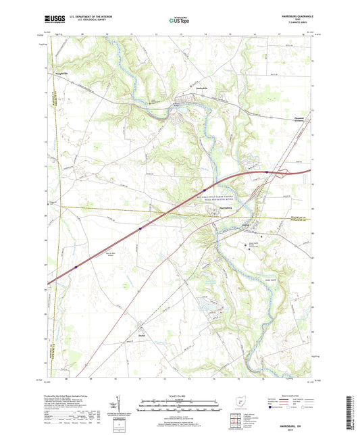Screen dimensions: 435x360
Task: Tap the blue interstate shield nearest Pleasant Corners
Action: click(x=267, y=172)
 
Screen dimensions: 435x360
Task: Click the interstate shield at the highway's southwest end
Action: click(x=76, y=266)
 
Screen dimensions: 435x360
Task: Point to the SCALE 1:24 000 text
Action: click(x=180, y=396)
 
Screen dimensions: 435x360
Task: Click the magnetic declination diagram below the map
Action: click(x=120, y=405)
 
